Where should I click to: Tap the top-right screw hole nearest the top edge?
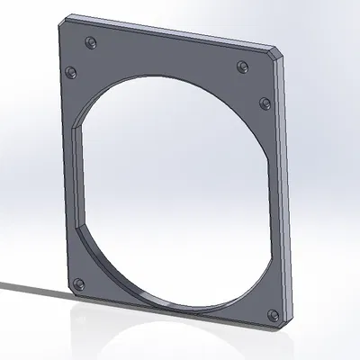pyautogui.click(x=242, y=66)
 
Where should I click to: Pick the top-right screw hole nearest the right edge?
pyautogui.click(x=265, y=101)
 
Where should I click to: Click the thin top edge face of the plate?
pyautogui.click(x=171, y=32)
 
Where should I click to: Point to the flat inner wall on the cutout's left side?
pyautogui.click(x=78, y=180)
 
